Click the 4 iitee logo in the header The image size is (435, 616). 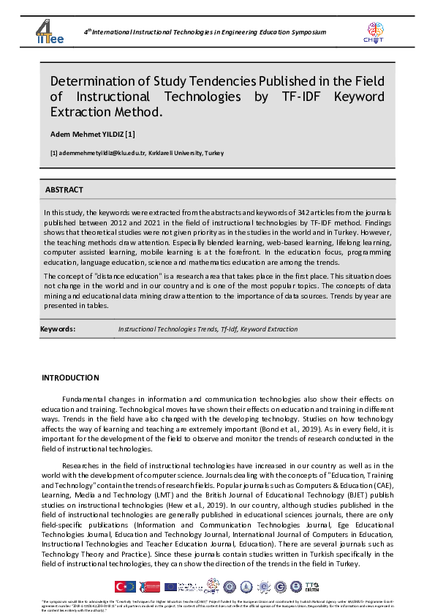50,31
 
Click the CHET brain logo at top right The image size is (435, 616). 374,31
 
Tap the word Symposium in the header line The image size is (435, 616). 308,33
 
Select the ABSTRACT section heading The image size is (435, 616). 64,189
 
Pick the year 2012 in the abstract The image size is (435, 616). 145,219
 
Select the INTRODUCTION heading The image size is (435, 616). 70,378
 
